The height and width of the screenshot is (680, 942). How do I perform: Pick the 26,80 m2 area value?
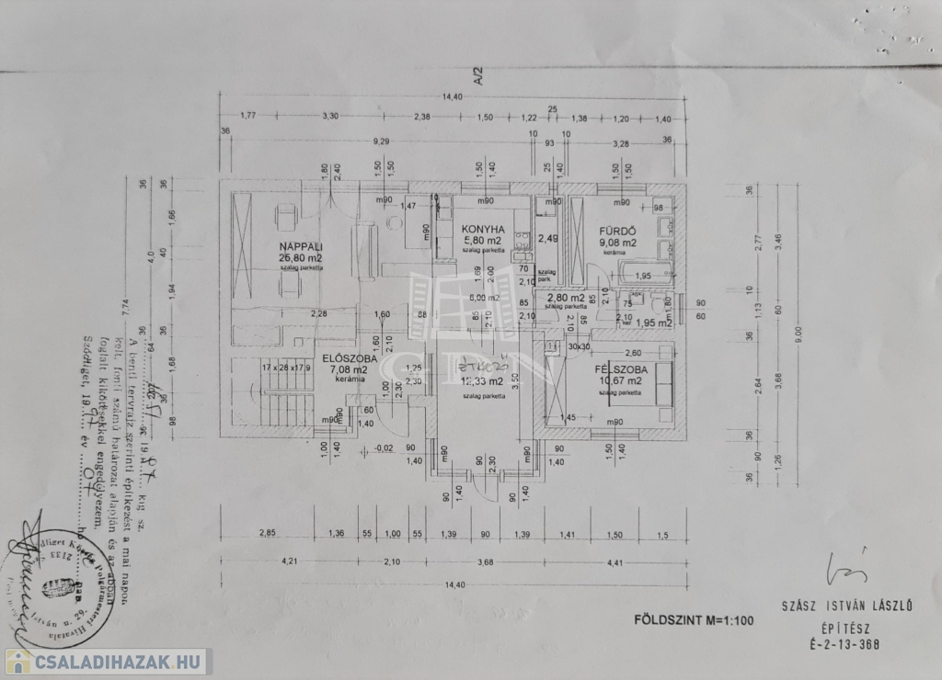[297, 258]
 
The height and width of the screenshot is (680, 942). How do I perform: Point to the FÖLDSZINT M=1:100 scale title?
[694, 619]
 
